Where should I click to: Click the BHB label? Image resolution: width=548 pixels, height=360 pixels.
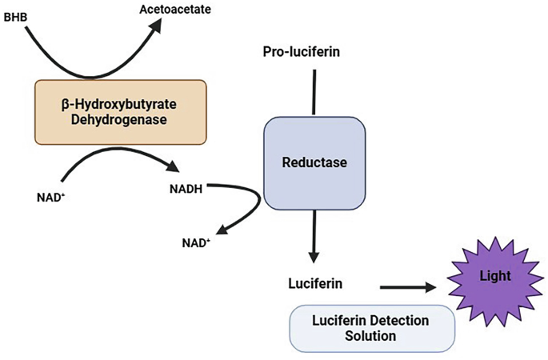(15, 15)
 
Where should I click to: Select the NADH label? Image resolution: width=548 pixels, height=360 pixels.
(186, 190)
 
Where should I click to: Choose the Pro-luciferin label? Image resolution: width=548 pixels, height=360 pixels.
(302, 52)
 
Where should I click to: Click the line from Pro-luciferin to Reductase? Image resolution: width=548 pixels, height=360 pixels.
(314, 92)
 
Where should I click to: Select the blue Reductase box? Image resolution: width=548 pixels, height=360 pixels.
(314, 162)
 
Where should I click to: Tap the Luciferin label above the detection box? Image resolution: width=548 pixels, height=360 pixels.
(315, 284)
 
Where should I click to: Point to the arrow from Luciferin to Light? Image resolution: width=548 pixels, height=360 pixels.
(408, 286)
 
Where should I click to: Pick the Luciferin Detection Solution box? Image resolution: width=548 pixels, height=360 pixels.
(372, 328)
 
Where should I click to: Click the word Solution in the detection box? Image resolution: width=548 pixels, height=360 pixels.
(372, 337)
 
